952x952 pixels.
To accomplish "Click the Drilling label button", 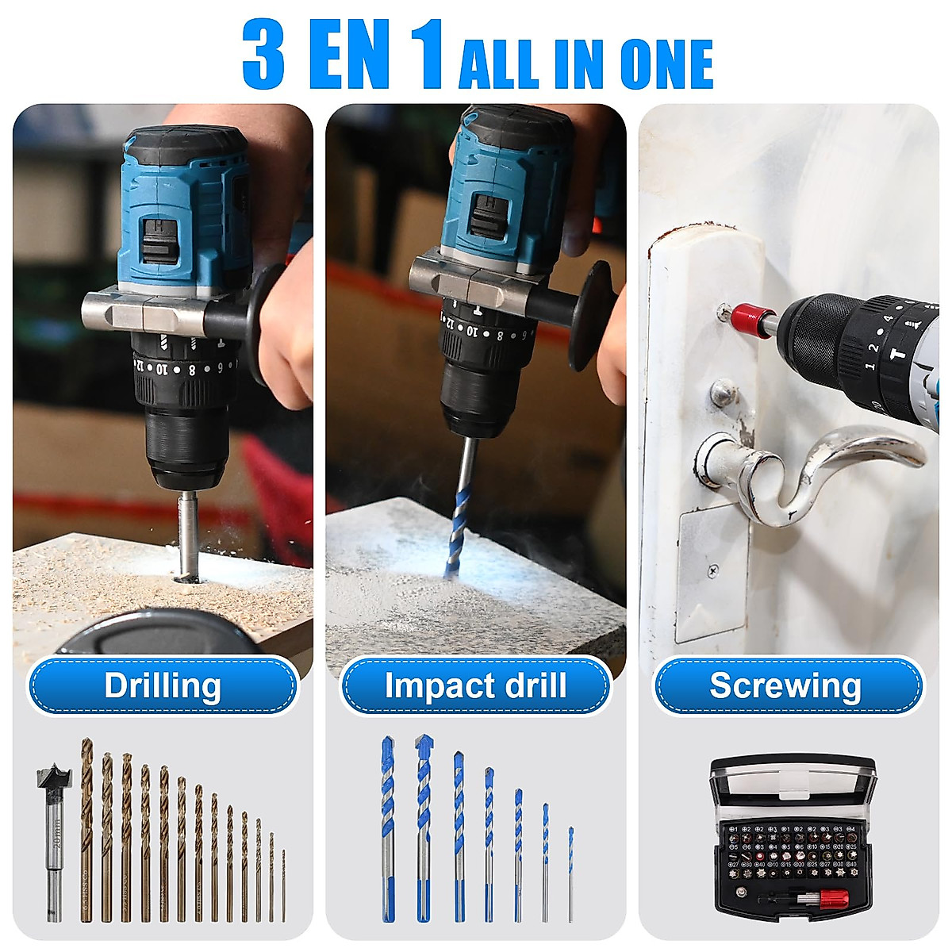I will [163, 686].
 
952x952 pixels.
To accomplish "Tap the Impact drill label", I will [475, 686].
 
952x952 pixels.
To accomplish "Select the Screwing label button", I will [785, 686].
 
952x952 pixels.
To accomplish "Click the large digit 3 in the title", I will [263, 56].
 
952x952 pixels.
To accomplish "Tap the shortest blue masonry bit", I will [570, 873].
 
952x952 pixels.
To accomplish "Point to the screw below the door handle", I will [714, 570].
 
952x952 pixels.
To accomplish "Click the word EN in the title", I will [349, 56].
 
